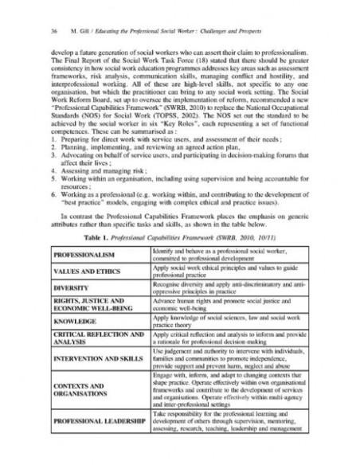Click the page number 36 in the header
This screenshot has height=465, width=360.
(x=31, y=31)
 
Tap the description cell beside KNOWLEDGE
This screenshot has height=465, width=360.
(x=231, y=321)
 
